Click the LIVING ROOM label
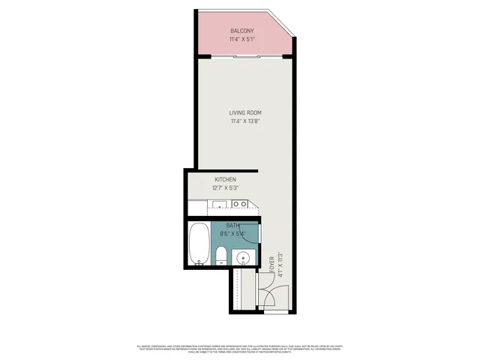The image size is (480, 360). pyautogui.click(x=245, y=113)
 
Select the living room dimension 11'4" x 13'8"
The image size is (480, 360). pyautogui.click(x=245, y=122)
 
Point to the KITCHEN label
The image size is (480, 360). pyautogui.click(x=226, y=180)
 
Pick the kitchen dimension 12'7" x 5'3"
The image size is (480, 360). pyautogui.click(x=226, y=189)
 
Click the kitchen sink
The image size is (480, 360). pyautogui.click(x=218, y=204)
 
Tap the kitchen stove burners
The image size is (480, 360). pyautogui.click(x=239, y=204)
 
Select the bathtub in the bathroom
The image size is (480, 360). pyautogui.click(x=199, y=244)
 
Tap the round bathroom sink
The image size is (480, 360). pyautogui.click(x=244, y=259)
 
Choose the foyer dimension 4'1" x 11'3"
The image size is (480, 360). pyautogui.click(x=280, y=264)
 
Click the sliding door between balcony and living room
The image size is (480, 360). pyautogui.click(x=244, y=58)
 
